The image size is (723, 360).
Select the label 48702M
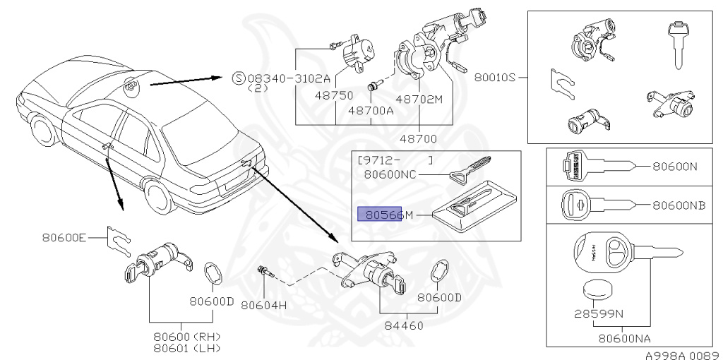coord(419,99)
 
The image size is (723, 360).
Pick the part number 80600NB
coord(679,205)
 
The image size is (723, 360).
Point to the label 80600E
coord(64,238)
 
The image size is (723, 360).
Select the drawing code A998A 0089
coord(681,355)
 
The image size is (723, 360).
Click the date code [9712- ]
coord(396,160)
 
